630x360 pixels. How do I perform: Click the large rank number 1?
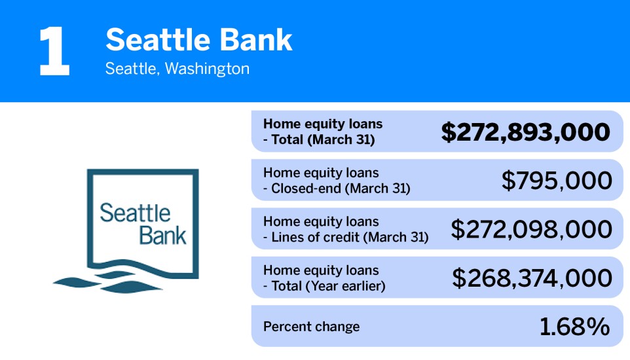point(54,52)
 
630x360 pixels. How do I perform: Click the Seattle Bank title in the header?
point(198,41)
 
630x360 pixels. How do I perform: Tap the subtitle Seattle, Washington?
point(177,69)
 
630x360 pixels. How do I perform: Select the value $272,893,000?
point(526,132)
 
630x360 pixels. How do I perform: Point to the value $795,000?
point(557,181)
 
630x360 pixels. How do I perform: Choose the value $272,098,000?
point(531,229)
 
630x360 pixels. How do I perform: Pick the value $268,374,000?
point(532,278)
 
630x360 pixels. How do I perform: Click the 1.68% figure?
point(574,327)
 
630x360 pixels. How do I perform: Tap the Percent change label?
point(311,327)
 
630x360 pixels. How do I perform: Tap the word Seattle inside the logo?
point(135,213)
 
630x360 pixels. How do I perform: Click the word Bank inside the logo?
point(163,235)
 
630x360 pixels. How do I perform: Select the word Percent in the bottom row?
point(285,327)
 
